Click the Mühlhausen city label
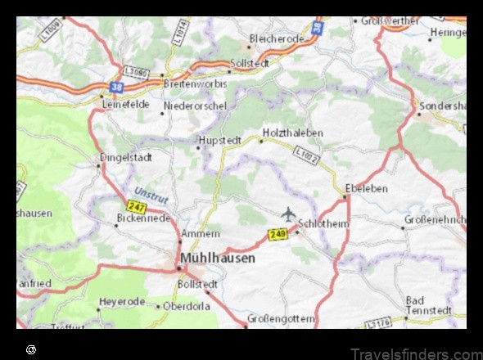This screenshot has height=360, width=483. pyautogui.click(x=217, y=257)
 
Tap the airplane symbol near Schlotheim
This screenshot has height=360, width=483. pyautogui.click(x=288, y=214)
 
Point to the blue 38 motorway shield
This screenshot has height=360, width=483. pyautogui.click(x=117, y=84)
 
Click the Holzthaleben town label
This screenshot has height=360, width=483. pyautogui.click(x=293, y=132)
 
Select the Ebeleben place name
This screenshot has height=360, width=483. pyautogui.click(x=366, y=188)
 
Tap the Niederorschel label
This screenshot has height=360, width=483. pyautogui.click(x=196, y=105)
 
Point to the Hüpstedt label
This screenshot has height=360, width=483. pyautogui.click(x=219, y=140)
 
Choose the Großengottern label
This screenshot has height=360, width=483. pyautogui.click(x=281, y=317)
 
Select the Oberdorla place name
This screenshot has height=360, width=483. pyautogui.click(x=187, y=306)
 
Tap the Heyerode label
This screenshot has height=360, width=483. pyautogui.click(x=121, y=302)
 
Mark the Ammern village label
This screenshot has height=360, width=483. pyautogui.click(x=201, y=233)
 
